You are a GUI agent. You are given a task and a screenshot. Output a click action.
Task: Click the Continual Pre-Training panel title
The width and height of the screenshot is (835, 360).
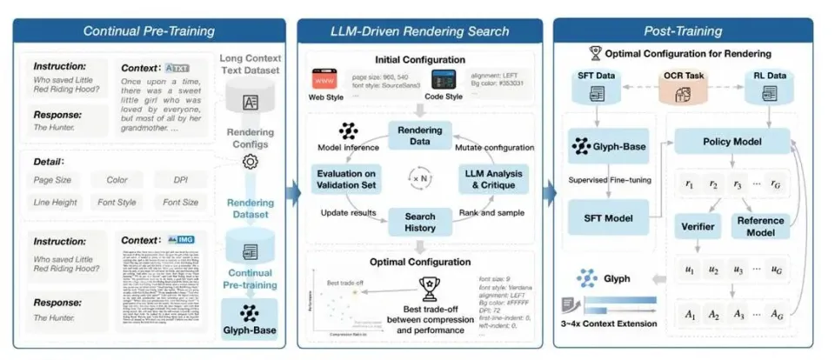148,31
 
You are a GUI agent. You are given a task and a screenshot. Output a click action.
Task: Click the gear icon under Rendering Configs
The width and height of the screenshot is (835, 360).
250,162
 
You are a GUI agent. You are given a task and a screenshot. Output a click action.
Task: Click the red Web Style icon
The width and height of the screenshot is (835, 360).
324,81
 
